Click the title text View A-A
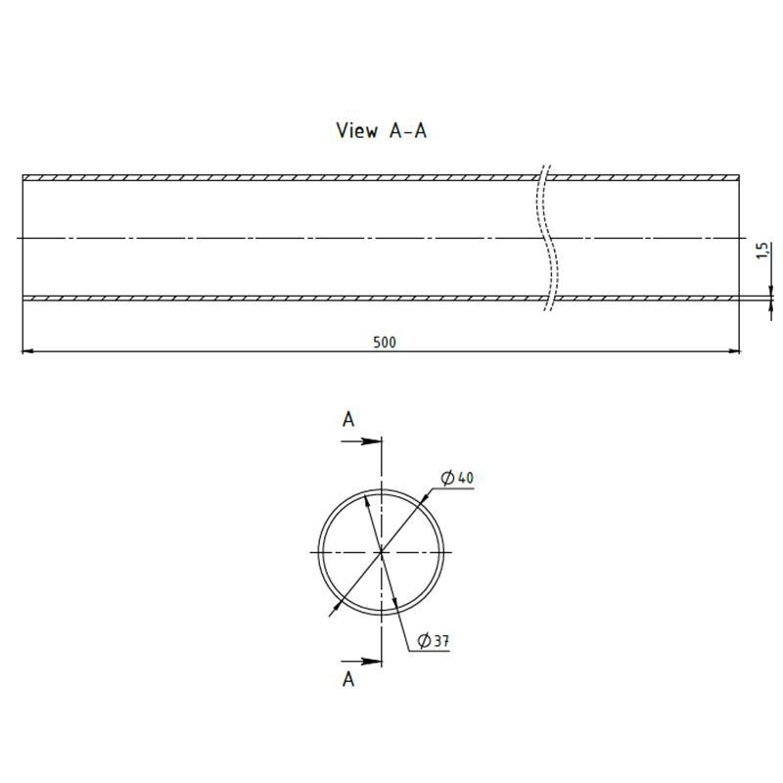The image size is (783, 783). tap(381, 131)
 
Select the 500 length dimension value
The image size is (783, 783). tap(384, 343)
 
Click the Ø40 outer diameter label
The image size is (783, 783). tap(457, 478)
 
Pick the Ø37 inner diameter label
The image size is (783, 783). tap(433, 641)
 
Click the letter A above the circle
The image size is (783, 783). tap(347, 419)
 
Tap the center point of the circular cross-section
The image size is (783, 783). tap(380, 552)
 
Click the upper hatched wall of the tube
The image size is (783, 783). tap(294, 178)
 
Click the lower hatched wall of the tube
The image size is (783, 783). tap(294, 298)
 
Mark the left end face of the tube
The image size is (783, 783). tap(23, 238)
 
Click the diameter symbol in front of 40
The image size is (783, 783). tap(447, 478)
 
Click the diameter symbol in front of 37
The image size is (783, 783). tap(423, 641)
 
